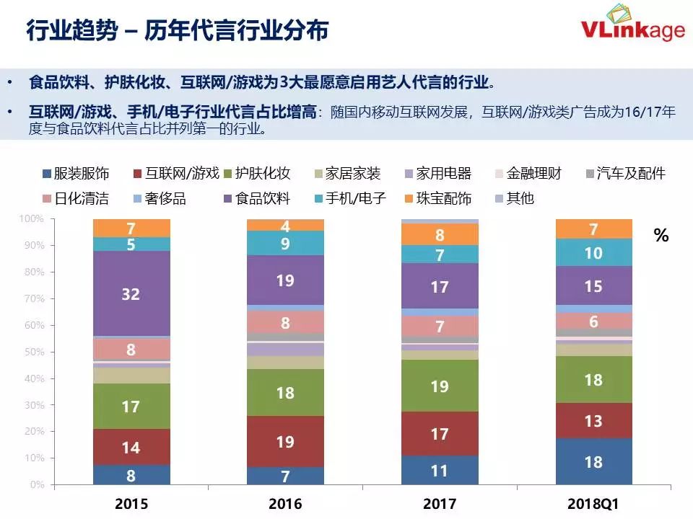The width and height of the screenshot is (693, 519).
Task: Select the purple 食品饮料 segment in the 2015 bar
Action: [131, 293]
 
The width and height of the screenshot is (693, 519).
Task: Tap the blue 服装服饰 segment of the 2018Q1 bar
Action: [593, 461]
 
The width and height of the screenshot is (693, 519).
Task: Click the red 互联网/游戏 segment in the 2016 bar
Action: [285, 441]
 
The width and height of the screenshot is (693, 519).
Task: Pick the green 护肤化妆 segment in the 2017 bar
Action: [440, 386]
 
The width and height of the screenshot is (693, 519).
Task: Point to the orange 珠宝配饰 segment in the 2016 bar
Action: [285, 225]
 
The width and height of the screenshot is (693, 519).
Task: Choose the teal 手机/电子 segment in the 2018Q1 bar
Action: [593, 252]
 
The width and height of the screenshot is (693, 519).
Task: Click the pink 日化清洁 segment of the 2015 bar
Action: [131, 350]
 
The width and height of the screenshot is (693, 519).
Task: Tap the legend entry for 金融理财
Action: [526, 174]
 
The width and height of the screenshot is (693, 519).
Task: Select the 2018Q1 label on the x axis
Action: [593, 503]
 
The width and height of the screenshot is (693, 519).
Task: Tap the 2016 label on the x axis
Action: [285, 503]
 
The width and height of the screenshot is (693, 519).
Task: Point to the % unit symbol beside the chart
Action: [661, 236]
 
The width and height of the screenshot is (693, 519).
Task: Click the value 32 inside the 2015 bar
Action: [131, 294]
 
